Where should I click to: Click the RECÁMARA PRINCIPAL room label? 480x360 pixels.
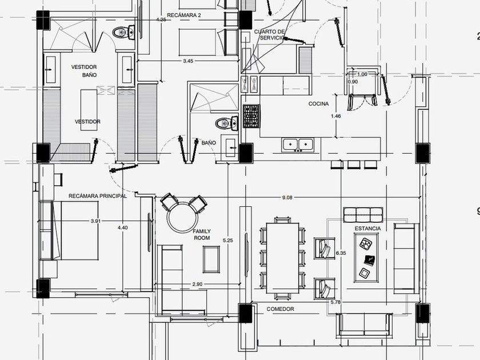97,196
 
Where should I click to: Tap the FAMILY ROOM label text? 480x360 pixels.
201,234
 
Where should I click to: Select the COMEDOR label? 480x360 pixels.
280,309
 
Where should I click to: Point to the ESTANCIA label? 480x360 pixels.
367,228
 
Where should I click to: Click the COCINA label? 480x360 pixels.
318,104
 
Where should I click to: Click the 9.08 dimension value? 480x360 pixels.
287,198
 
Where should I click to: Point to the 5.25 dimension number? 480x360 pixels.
229,240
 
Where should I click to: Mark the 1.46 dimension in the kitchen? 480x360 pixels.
335,116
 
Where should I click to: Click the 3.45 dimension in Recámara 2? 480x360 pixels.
188,61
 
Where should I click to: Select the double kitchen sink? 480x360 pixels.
297,145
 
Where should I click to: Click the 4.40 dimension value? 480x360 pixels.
122,227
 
